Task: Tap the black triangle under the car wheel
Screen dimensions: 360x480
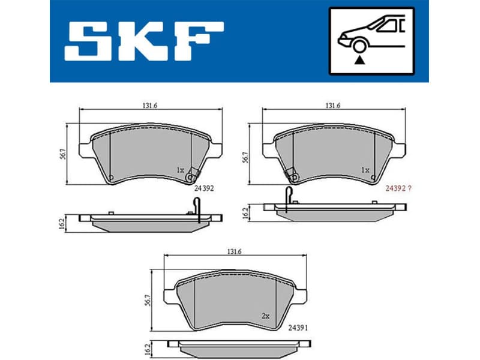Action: (359, 59)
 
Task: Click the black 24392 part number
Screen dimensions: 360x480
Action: (205, 188)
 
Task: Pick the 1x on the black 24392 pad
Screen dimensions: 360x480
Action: (180, 170)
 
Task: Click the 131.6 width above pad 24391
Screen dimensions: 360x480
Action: (234, 252)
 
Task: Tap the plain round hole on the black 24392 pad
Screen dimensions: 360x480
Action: (111, 176)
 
